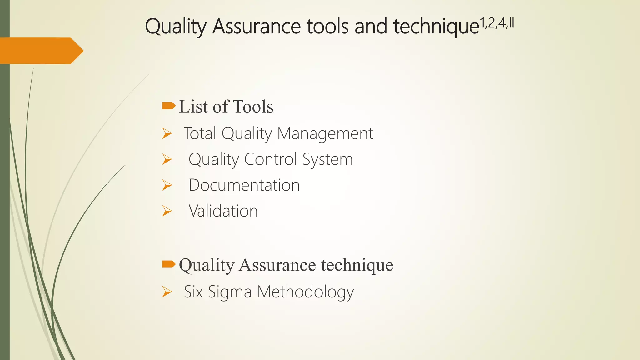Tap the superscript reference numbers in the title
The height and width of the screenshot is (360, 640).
pos(497,23)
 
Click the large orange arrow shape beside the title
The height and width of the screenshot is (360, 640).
pos(41,51)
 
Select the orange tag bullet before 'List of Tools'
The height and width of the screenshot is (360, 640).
pos(169,106)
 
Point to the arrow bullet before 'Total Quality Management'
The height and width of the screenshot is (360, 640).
pos(167,134)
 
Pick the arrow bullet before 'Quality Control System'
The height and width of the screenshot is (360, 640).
pos(167,160)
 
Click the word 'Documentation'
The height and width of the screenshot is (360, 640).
pos(244,185)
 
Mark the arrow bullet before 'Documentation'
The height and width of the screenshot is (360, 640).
pos(167,186)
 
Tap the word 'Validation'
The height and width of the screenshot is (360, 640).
pos(223,211)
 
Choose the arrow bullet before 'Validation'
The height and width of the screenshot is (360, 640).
pos(167,212)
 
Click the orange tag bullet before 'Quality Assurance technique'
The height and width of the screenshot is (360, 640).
pos(169,264)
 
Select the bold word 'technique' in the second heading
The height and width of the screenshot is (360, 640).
pos(357,265)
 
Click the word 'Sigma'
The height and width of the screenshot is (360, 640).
pos(230,292)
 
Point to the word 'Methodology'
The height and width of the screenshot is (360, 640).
pos(306,292)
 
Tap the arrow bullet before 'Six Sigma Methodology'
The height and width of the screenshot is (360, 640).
pos(167,292)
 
